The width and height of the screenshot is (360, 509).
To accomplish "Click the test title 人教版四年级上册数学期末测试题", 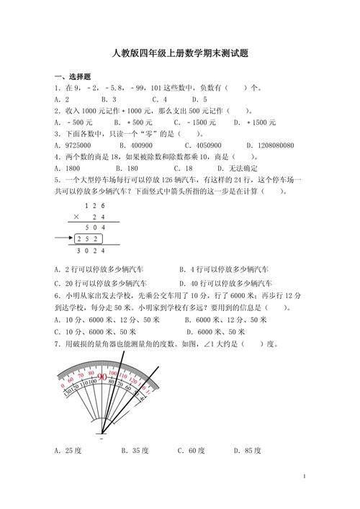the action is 180,53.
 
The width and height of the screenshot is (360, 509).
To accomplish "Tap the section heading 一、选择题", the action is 71,77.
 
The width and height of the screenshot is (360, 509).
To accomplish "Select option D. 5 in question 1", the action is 199,99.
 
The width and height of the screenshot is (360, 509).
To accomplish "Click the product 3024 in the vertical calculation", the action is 89,251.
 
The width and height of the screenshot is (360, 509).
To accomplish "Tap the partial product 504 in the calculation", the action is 94,226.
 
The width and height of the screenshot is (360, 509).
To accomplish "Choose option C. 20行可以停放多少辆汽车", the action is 101,284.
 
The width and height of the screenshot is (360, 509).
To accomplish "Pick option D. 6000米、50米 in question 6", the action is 216,332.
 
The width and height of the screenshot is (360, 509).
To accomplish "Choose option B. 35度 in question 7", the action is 135,451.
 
